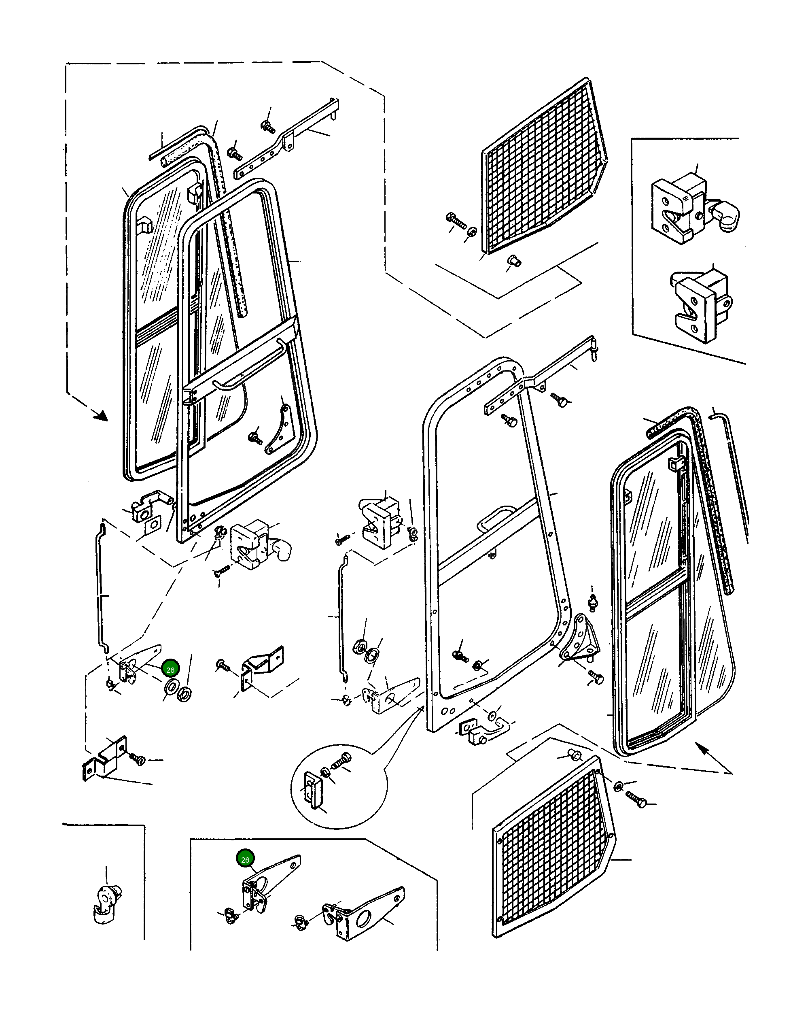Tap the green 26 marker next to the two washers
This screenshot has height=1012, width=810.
(x=170, y=670)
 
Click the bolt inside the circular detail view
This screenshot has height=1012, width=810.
(x=341, y=760)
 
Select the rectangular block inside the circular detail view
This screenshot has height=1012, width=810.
(x=313, y=786)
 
